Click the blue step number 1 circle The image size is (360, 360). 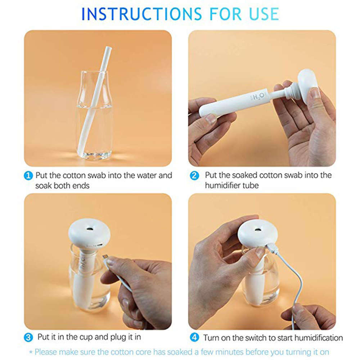[29, 176]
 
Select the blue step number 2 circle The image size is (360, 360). [194, 176]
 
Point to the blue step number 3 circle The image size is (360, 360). [29, 338]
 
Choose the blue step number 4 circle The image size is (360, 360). [194, 338]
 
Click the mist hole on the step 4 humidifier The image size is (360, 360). [258, 229]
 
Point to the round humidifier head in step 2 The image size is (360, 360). [308, 85]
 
